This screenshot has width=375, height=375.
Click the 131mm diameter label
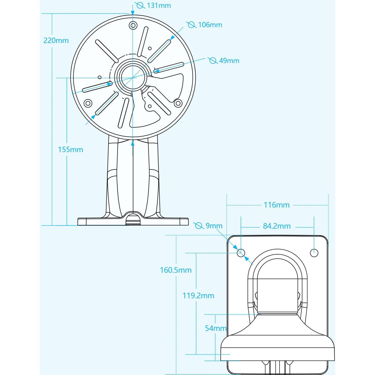159,6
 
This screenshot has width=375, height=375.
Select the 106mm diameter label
210,25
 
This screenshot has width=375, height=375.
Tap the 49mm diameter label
229,61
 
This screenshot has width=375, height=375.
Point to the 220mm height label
56,40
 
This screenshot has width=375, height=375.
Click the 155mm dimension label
71,150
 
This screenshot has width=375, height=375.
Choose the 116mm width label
277,205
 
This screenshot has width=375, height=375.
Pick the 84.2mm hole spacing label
277,226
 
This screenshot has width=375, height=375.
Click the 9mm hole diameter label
214,226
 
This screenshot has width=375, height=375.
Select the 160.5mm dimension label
176,270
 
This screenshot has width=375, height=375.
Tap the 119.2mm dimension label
198,296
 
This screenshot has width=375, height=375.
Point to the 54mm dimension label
215,328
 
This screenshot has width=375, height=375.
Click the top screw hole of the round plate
133,25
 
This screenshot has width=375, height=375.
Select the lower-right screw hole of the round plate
178,103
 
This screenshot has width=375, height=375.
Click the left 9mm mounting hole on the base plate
241,252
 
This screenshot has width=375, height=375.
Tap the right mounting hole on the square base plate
314,253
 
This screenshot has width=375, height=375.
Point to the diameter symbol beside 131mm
140,5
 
